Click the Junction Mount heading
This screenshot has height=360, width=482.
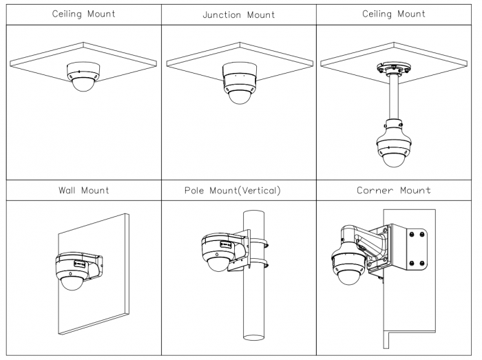[239, 14]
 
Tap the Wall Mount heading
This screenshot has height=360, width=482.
[84, 191]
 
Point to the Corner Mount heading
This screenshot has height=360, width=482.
[394, 191]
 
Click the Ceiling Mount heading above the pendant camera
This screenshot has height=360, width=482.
[394, 14]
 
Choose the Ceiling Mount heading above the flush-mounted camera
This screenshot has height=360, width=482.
[84, 14]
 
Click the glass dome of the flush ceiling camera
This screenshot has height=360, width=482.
[82, 84]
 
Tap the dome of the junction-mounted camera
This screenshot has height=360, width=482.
[239, 96]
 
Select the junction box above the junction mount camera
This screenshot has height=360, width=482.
[239, 73]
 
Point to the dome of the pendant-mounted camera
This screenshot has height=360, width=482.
[393, 159]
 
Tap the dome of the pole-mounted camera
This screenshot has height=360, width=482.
[218, 262]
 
